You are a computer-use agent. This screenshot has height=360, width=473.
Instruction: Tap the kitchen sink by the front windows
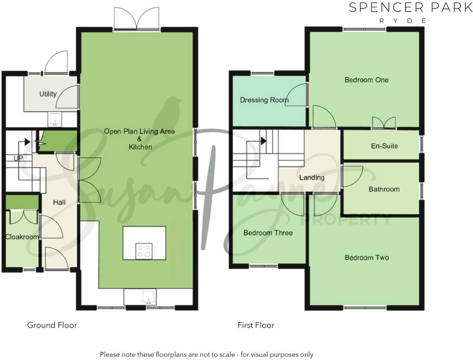click(x=148, y=298)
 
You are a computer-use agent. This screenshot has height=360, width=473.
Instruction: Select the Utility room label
click(x=48, y=94)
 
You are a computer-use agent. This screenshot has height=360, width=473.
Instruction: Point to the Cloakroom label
click(x=22, y=237)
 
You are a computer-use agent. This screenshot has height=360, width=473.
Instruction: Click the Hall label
click(x=59, y=202)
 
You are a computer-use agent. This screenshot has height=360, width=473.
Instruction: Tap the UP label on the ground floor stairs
click(x=18, y=158)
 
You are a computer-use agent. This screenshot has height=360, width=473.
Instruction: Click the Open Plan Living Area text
click(x=139, y=131)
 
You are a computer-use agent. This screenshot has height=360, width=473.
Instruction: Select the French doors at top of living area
click(x=137, y=19)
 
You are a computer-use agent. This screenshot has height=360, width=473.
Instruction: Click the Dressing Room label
click(x=264, y=100)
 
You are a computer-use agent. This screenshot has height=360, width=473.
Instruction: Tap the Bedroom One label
click(x=366, y=80)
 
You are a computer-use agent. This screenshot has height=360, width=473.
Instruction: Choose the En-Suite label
click(x=384, y=146)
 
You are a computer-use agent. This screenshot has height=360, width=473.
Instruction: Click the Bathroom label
click(x=384, y=189)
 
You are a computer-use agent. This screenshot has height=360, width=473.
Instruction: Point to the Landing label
click(x=312, y=177)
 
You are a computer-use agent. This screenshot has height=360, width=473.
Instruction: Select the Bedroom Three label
click(x=268, y=233)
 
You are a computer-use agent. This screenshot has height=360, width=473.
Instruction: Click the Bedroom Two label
click(x=366, y=257)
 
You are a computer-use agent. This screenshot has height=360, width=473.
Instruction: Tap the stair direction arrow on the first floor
click(x=263, y=141)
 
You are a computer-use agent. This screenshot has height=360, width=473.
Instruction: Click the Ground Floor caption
click(x=52, y=325)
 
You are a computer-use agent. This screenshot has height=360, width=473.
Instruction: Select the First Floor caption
click(x=256, y=325)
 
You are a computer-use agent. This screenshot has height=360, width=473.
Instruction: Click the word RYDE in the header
click(x=402, y=21)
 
